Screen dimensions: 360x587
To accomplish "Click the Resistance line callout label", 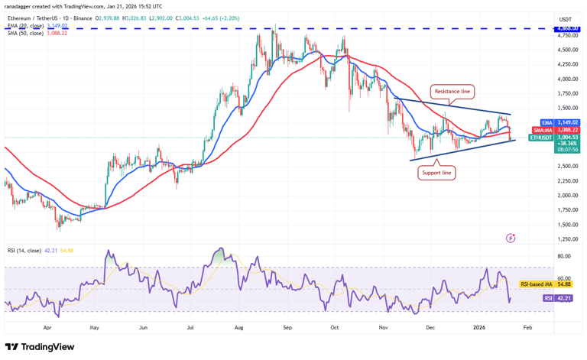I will coord(452,92).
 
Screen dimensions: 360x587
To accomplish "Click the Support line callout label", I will coord(436,173).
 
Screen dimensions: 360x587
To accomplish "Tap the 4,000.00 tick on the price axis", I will coord(566,79).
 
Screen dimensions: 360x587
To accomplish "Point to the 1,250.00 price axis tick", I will coord(566,239).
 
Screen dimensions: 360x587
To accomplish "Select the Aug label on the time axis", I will coord(238,326).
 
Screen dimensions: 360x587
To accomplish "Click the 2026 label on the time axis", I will coord(478,326).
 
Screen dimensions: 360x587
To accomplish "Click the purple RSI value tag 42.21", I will coord(566,298).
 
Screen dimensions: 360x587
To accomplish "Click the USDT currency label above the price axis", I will coord(566,19).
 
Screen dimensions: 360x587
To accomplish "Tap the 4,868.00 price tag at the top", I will coord(567,29).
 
